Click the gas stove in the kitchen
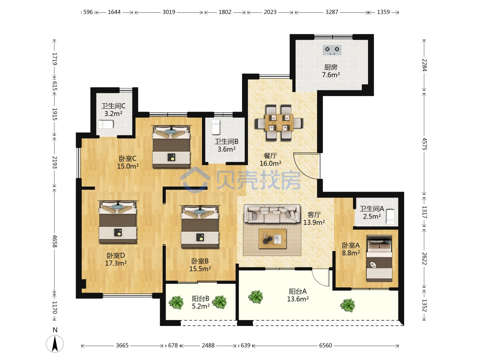[x=332, y=50]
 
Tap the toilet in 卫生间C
[x=106, y=124]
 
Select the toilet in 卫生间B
[x=216, y=127]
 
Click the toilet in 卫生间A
[x=390, y=217]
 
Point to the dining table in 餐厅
[x=279, y=123]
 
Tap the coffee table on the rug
[x=272, y=239]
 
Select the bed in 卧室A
[x=379, y=259]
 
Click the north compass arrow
[x=55, y=344]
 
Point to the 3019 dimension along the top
[x=169, y=12]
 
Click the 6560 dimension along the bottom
[x=325, y=346]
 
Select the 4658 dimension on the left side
[x=55, y=241]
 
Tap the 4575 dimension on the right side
[x=424, y=144]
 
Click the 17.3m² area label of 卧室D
[x=116, y=263]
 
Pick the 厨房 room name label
[x=331, y=67]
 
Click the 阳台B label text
[x=201, y=299]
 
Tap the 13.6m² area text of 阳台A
[x=298, y=299]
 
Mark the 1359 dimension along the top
[x=383, y=12]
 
